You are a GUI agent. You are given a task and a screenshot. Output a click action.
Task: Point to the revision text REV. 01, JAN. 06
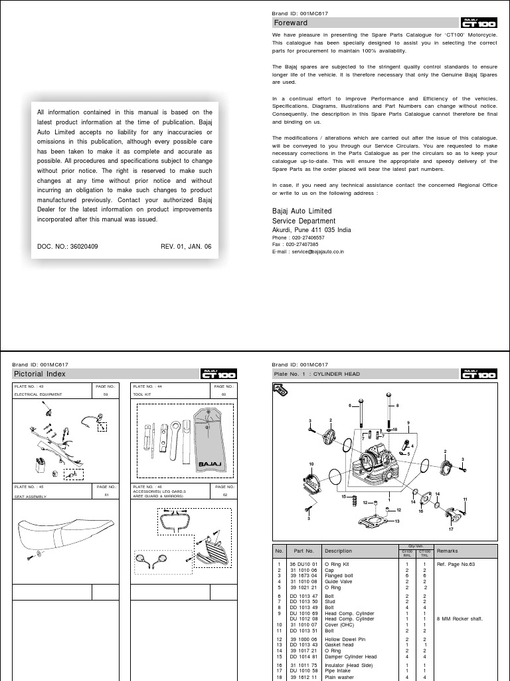[186, 246]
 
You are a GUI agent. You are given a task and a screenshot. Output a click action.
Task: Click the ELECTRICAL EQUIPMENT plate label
[39, 394]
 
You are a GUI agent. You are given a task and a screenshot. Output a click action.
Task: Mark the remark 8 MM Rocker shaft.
[458, 618]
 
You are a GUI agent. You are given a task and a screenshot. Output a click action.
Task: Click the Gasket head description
[340, 645]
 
